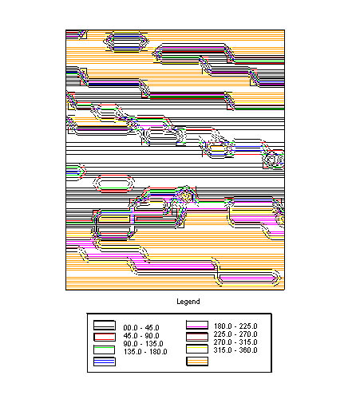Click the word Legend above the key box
188,302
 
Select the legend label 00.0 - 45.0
141,328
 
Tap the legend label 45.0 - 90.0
141,336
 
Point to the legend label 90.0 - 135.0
144,344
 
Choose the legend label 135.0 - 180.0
145,352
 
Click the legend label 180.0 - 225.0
235,326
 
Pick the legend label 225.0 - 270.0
235,334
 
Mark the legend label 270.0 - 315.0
235,342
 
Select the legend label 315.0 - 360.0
235,350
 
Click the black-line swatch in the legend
105,325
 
